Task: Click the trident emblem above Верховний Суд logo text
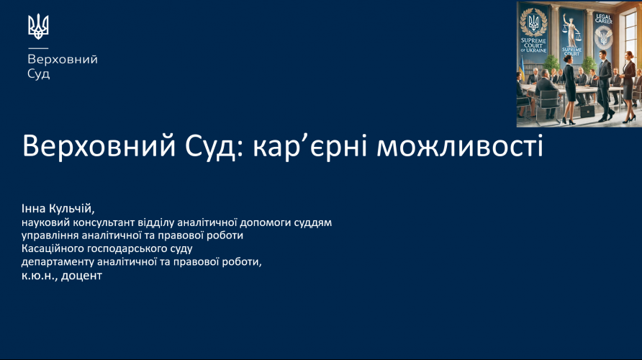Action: [x=38, y=27]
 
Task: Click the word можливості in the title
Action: [x=459, y=146]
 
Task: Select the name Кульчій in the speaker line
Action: [x=72, y=209]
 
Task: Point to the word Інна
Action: [x=34, y=209]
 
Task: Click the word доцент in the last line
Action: [x=81, y=276]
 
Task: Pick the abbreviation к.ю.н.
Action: [x=40, y=276]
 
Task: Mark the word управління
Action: [x=50, y=236]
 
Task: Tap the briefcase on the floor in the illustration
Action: [x=587, y=111]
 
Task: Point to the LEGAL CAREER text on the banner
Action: [x=604, y=19]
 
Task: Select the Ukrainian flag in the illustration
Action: [x=522, y=68]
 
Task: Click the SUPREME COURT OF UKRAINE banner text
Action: [x=533, y=45]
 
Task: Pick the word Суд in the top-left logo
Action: [x=38, y=74]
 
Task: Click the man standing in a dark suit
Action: [x=604, y=85]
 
